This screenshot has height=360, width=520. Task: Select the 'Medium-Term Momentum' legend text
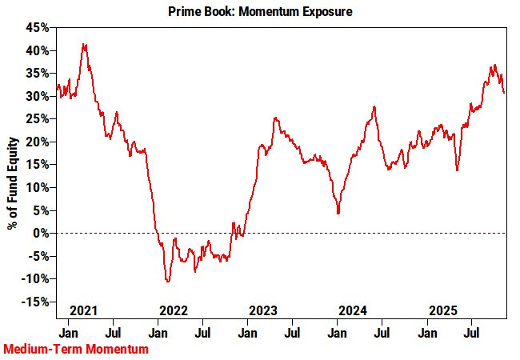pos(76,350)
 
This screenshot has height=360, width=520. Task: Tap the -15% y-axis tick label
pos(37,302)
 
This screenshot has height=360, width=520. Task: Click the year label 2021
pos(84,309)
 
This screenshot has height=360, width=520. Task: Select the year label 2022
pos(174,309)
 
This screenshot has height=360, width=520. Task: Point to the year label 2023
pos(263,309)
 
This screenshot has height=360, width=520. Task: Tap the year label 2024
pos(353,309)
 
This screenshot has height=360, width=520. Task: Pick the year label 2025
pos(443,309)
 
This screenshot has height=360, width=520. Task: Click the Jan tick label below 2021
pos(68,330)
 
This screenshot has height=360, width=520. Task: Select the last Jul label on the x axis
pos(473,330)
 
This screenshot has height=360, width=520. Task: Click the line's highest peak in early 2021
pos(85,45)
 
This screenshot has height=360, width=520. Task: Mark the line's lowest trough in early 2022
pos(168,281)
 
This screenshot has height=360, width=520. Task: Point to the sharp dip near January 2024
pos(338,213)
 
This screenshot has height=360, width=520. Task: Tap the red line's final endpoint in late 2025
pos(504,93)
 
